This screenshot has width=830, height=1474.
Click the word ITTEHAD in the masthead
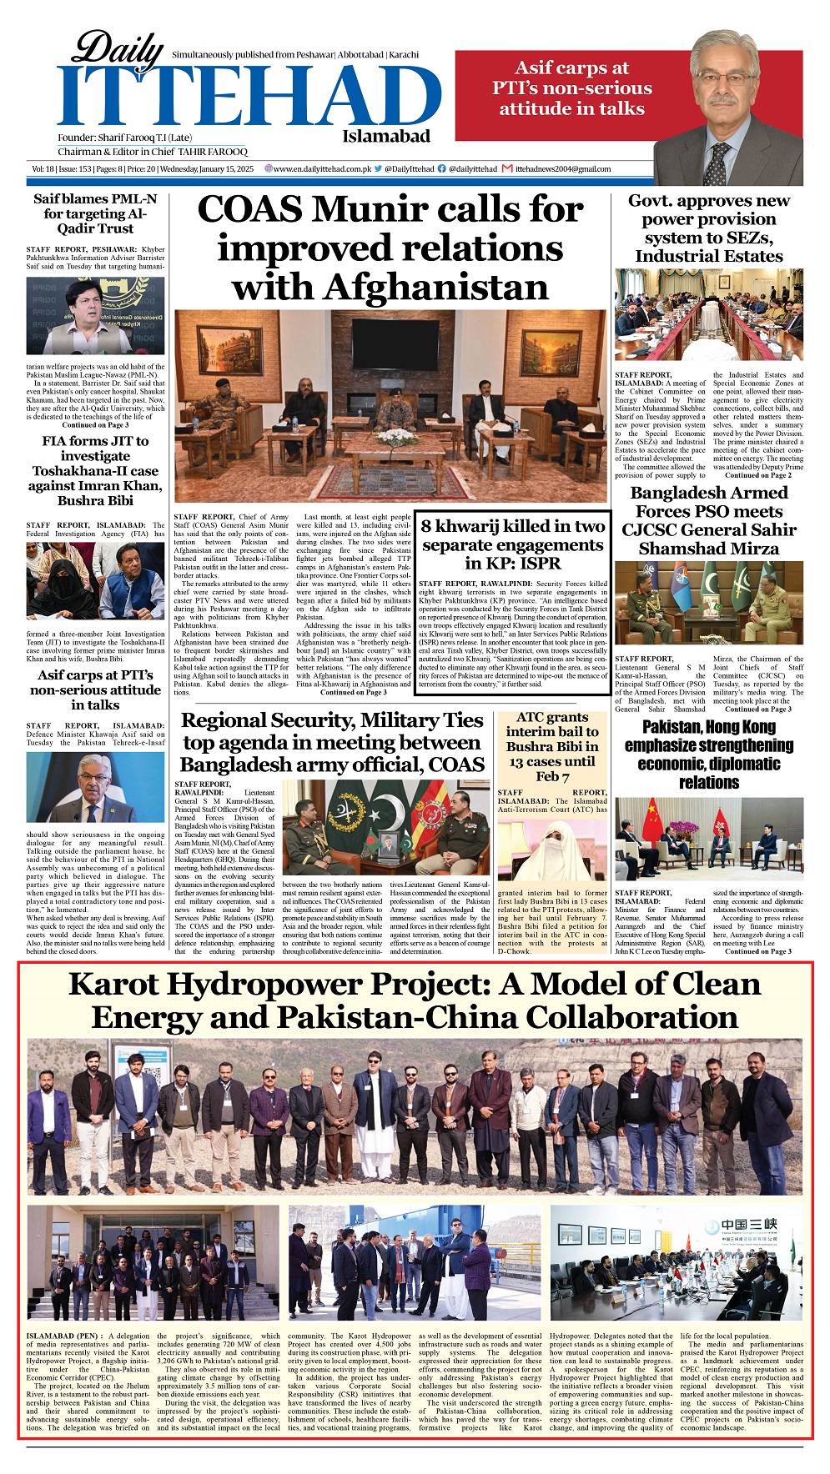tap(249, 96)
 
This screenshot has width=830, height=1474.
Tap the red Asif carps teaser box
tap(571, 88)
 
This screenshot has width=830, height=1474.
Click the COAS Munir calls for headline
tap(390, 248)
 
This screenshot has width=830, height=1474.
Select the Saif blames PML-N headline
tap(95, 213)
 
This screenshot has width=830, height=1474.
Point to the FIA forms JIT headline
tap(95, 470)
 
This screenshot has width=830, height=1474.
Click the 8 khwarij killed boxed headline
tap(512, 544)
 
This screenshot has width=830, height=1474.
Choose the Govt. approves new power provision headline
tap(708, 228)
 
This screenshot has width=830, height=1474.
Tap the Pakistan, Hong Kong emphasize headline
tap(708, 755)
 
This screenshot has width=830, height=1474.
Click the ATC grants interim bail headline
tap(551, 746)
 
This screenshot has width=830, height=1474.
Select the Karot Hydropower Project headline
tap(415, 1000)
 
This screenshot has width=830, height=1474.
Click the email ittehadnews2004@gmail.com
tap(563, 169)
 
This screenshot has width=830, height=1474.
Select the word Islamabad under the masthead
tap(386, 137)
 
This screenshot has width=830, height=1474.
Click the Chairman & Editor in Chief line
tap(153, 153)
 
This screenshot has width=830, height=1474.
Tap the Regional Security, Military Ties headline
tap(332, 742)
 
